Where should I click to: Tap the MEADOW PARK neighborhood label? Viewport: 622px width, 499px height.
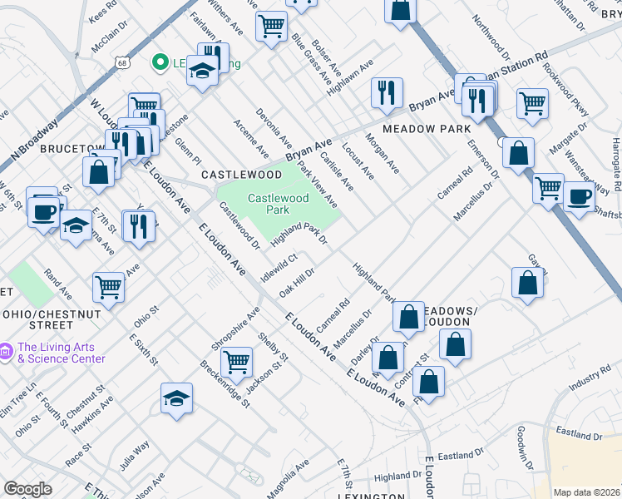(x=427, y=129)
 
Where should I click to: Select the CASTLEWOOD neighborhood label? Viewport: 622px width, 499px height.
(x=242, y=175)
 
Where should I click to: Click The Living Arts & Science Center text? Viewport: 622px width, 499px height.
(x=62, y=353)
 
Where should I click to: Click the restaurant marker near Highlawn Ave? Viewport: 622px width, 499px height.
(x=387, y=92)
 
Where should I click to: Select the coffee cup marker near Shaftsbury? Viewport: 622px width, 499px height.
(x=580, y=197)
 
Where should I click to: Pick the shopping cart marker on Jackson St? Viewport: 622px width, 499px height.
(x=237, y=362)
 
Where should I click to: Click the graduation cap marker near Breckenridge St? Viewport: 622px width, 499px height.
(x=176, y=398)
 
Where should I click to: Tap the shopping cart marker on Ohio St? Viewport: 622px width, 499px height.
(x=109, y=288)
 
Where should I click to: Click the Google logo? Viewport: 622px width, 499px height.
(x=27, y=489)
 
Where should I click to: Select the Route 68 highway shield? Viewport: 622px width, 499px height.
(x=122, y=62)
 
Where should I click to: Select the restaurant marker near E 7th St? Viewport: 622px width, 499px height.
(x=138, y=225)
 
